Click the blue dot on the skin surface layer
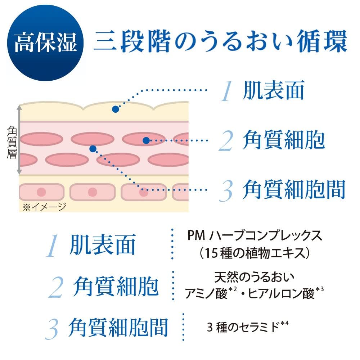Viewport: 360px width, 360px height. (115, 109)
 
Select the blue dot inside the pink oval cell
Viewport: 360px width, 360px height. (146, 140)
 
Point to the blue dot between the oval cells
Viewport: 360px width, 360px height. (93, 148)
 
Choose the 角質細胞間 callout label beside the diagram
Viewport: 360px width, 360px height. (293, 189)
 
